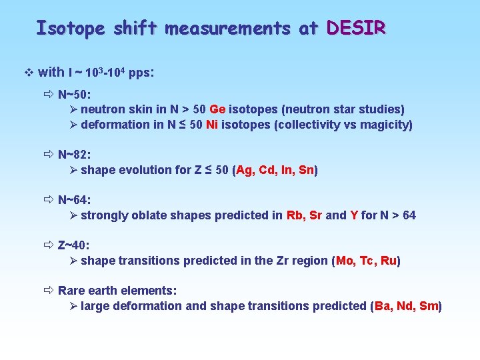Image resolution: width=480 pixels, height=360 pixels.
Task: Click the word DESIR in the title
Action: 356,28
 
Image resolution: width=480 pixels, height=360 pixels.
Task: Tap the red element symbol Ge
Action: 217,109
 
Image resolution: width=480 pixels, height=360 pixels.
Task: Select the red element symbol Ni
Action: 212,125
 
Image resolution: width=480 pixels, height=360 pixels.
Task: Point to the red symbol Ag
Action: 245,170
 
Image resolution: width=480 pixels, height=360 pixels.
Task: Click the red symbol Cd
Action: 267,170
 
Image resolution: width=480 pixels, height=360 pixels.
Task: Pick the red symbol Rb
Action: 295,215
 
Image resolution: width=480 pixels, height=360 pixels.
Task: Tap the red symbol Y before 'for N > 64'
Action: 354,215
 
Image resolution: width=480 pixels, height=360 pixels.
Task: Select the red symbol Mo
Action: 345,261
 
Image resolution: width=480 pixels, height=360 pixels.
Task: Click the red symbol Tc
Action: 368,261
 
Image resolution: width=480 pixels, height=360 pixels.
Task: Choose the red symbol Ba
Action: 383,306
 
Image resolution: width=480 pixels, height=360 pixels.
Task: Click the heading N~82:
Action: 75,155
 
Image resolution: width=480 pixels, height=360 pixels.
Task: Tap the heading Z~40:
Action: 74,245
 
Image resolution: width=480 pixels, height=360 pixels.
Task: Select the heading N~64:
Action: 75,200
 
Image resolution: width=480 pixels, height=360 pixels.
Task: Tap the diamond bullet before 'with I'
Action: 27,73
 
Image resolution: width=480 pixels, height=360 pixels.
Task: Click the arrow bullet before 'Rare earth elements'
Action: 49,291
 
